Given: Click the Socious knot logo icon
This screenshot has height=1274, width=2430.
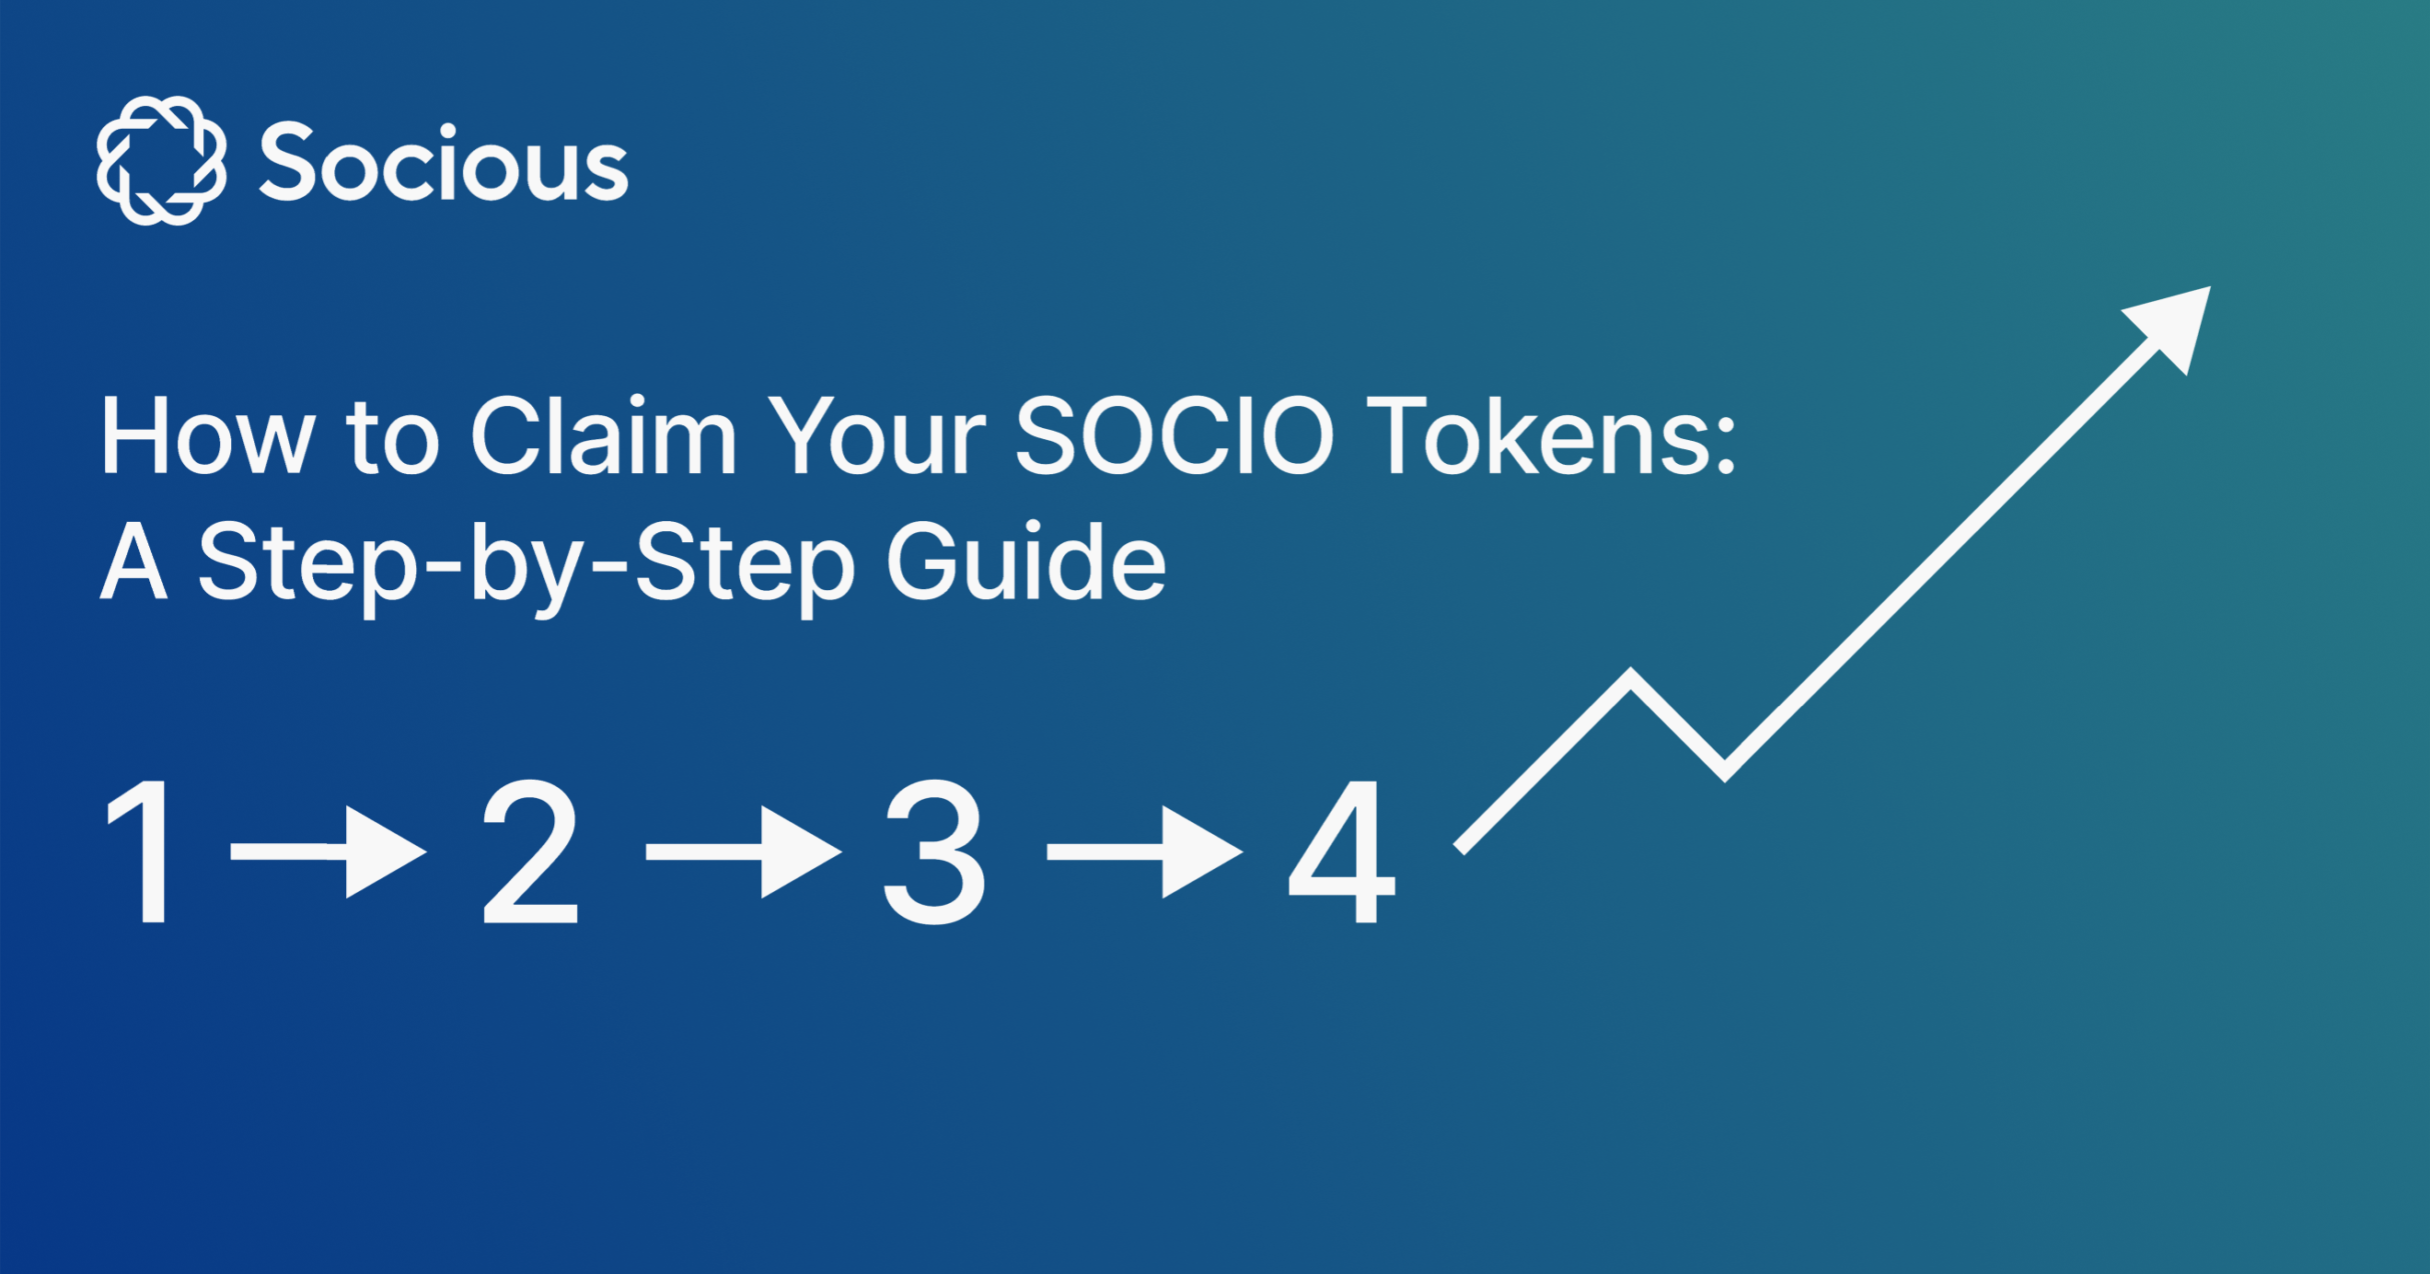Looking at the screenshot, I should click(161, 160).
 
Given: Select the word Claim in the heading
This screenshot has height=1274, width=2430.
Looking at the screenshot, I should click(603, 436).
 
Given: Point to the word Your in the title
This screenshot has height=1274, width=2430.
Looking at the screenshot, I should click(876, 436).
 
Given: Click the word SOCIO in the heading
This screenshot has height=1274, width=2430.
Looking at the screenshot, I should click(1174, 436).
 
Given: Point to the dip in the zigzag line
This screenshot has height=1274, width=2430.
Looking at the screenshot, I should click(1724, 770).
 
